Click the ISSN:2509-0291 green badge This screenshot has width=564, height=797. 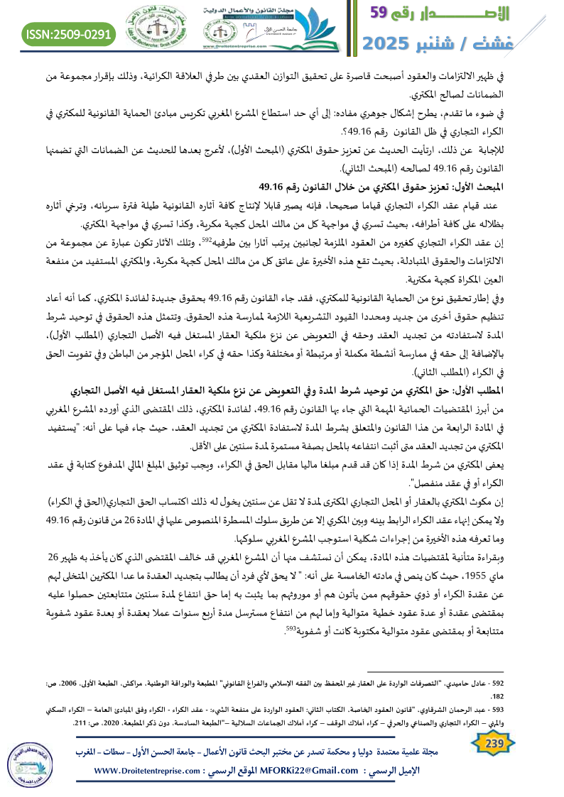coord(69,33)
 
